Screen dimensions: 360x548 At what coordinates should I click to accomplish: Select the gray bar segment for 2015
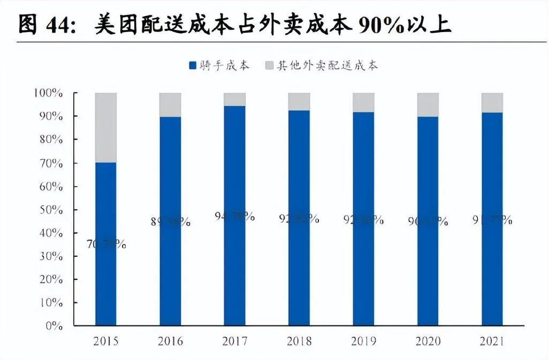[x=105, y=127]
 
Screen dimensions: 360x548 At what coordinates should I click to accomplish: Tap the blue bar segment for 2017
[x=234, y=267]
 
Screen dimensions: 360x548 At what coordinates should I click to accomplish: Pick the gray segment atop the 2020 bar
[x=428, y=104]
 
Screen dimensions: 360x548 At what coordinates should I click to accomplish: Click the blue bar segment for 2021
[x=492, y=267]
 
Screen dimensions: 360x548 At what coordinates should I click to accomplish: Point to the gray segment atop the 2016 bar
[x=170, y=104]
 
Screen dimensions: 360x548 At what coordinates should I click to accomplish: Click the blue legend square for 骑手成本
[x=193, y=66]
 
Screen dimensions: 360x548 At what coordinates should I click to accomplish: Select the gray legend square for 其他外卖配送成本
[x=269, y=66]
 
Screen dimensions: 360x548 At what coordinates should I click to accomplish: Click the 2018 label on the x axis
[x=299, y=341]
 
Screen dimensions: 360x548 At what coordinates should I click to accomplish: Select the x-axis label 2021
[x=492, y=341]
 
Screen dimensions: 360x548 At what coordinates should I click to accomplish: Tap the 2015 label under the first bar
[x=105, y=341]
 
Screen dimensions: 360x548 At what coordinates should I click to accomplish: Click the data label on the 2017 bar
[x=235, y=217]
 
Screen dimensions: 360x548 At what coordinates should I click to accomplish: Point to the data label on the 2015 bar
[x=106, y=245]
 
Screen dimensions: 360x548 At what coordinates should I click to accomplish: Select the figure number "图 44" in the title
[x=45, y=25]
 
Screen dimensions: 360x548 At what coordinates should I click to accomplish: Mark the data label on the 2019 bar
[x=363, y=219]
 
